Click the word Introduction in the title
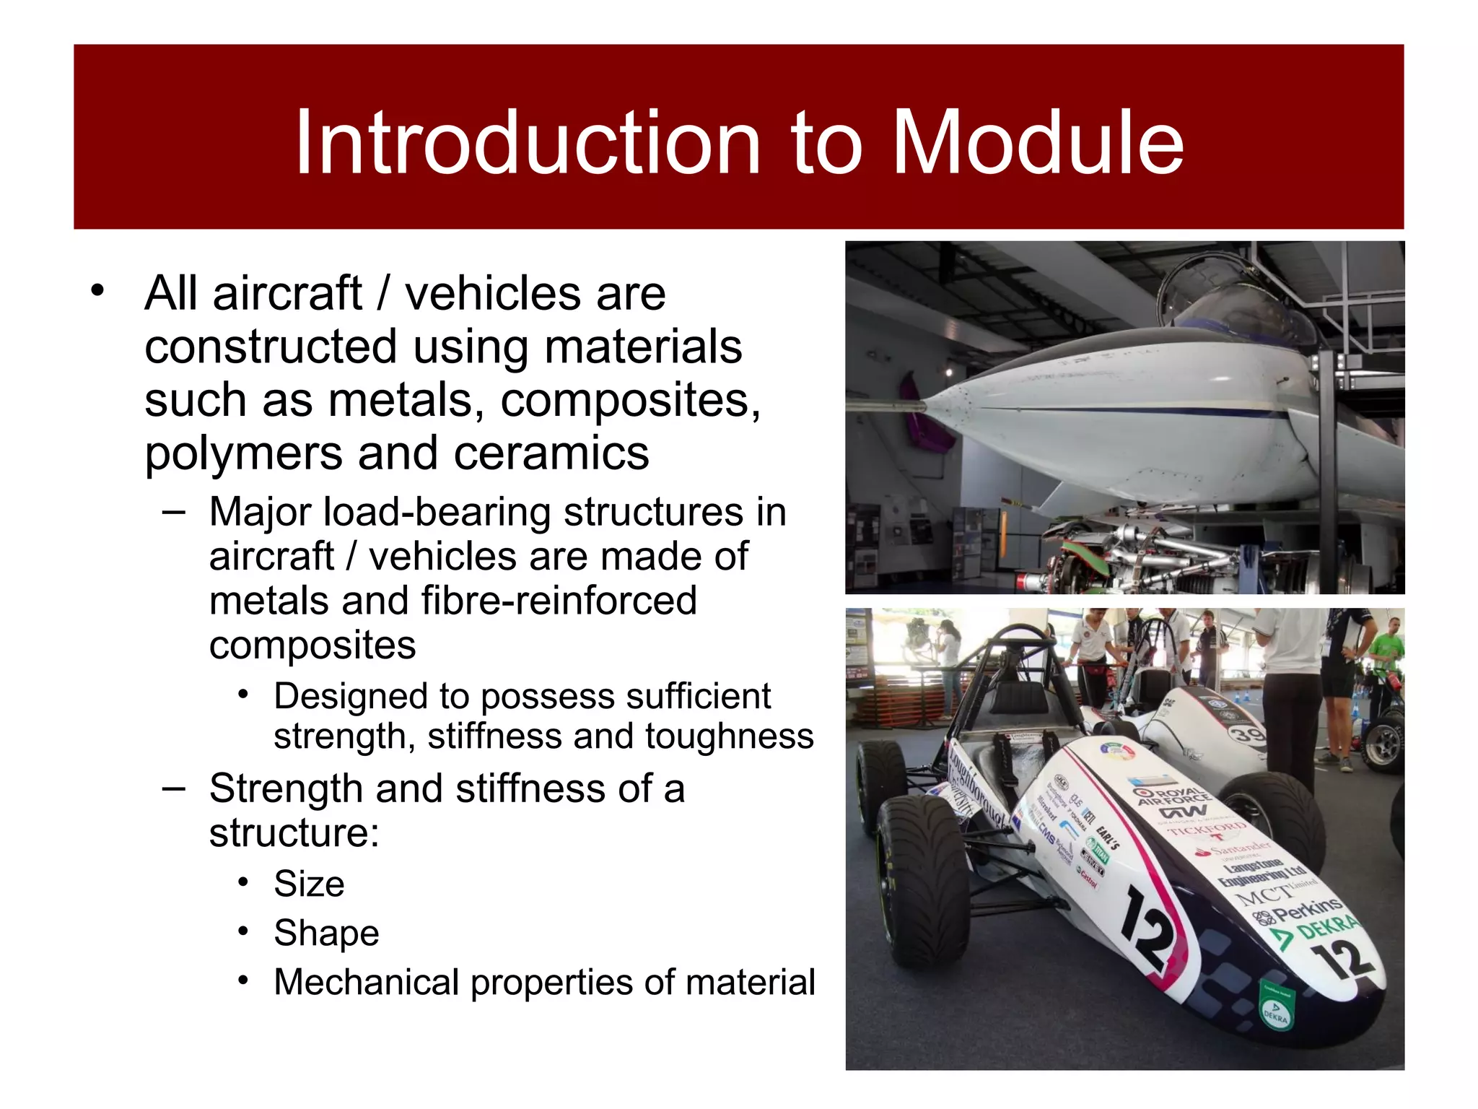[x=527, y=142]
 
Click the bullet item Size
[x=309, y=884]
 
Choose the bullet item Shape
[x=326, y=933]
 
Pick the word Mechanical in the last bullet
[x=367, y=982]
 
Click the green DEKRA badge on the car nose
[x=1276, y=1006]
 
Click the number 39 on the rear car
[x=1247, y=735]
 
